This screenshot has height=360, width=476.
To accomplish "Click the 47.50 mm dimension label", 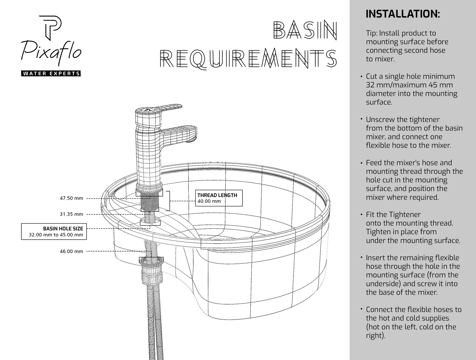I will (x=71, y=198).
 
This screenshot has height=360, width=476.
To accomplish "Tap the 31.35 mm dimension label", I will (x=71, y=214).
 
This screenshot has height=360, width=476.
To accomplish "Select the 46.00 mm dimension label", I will (x=71, y=252).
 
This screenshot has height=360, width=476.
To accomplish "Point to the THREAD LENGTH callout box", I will (x=219, y=198).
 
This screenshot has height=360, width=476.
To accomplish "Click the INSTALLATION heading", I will (x=403, y=14).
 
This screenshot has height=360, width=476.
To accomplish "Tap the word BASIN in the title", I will (x=305, y=30).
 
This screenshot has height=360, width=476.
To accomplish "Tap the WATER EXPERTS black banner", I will (x=51, y=74).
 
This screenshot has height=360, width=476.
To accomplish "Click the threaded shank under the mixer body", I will (x=150, y=201).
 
